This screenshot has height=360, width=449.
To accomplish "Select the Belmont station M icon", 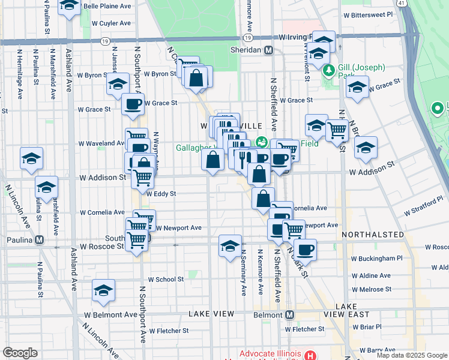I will click(290, 314).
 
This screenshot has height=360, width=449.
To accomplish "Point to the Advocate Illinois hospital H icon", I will click(310, 355).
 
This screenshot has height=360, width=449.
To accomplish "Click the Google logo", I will click(20, 353).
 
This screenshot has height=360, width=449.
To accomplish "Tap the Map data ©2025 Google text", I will click(412, 355).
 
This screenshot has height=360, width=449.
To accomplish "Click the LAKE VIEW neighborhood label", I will click(210, 314).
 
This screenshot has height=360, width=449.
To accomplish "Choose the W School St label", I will click(161, 279).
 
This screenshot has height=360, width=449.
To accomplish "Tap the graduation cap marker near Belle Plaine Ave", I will click(70, 6).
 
